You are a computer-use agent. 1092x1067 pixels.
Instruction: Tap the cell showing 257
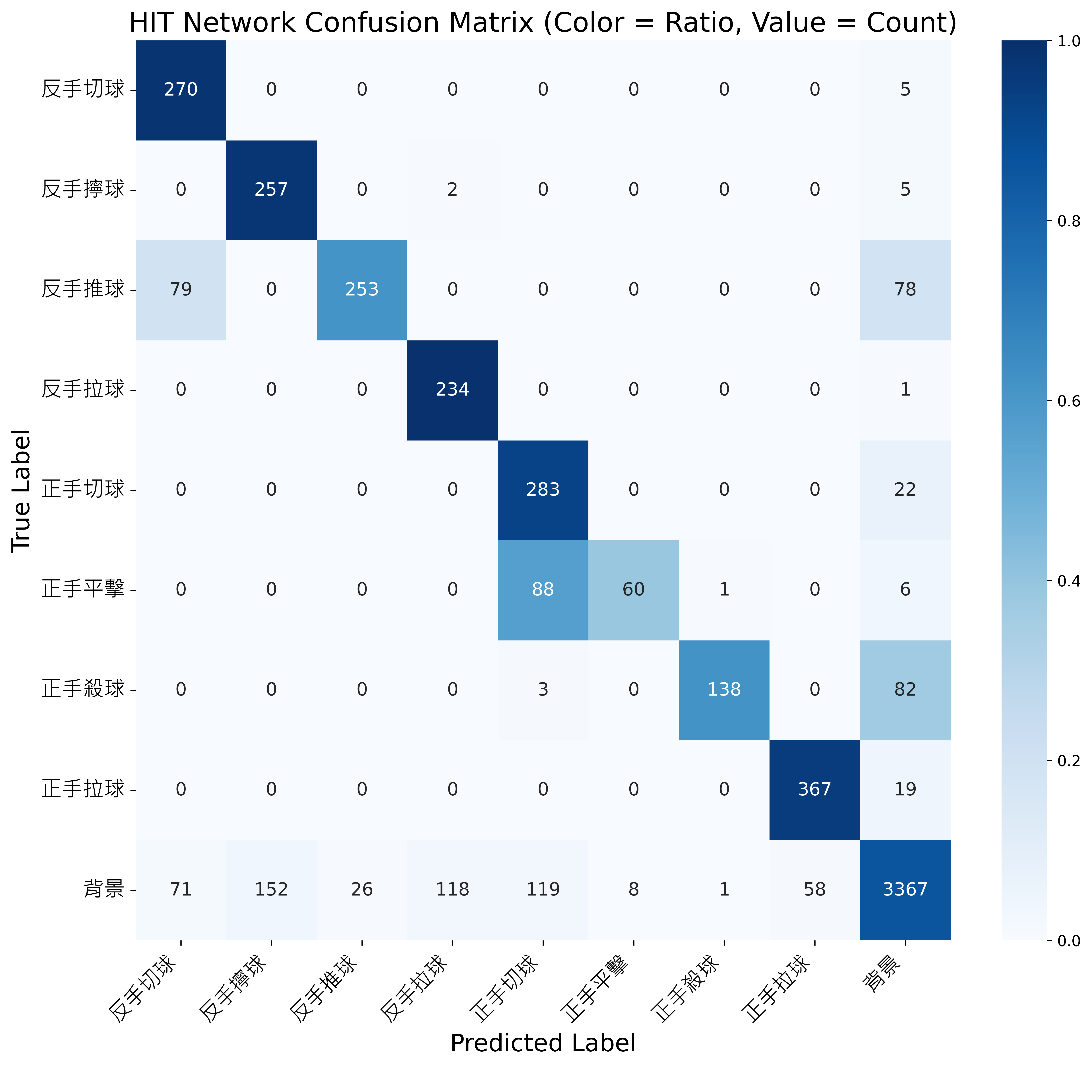point(271,189)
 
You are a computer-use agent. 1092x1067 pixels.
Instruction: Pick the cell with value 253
point(362,290)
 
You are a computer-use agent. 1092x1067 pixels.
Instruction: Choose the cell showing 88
point(543,590)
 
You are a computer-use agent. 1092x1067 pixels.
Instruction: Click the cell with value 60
point(634,590)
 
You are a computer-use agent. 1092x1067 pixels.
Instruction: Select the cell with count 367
point(815,790)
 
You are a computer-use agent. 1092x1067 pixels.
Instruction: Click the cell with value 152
point(271,889)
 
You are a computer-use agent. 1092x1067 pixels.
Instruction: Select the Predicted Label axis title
point(543,1043)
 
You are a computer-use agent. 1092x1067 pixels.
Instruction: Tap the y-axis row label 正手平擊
point(83,590)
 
